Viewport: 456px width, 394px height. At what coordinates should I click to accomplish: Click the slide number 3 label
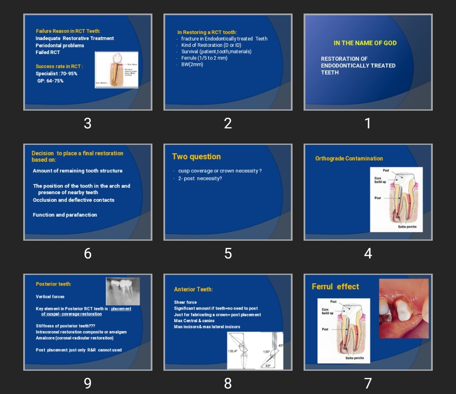[x=87, y=123]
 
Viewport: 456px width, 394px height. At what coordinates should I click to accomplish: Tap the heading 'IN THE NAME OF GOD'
[x=365, y=43]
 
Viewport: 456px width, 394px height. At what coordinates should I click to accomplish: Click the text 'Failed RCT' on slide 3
[x=48, y=52]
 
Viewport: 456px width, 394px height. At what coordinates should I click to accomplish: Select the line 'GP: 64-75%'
[x=50, y=81]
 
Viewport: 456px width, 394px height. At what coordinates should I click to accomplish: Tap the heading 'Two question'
[x=196, y=157]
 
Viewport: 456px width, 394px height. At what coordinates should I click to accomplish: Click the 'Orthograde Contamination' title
[x=349, y=158]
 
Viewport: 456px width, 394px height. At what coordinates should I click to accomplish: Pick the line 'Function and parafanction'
[x=65, y=215]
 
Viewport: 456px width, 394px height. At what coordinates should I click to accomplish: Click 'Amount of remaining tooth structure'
[x=78, y=171]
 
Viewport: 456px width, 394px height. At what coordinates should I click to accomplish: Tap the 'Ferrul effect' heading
[x=335, y=287]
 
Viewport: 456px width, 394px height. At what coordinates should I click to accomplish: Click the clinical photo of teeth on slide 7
[x=404, y=308]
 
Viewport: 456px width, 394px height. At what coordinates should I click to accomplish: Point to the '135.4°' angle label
[x=233, y=351]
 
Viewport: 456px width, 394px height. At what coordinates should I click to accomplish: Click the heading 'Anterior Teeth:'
[x=193, y=289]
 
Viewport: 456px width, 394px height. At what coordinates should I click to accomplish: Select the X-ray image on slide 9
[x=122, y=291]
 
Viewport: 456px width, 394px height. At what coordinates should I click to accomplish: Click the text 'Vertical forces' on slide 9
[x=50, y=296]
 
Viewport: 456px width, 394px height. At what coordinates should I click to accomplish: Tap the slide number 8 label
[x=228, y=383]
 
